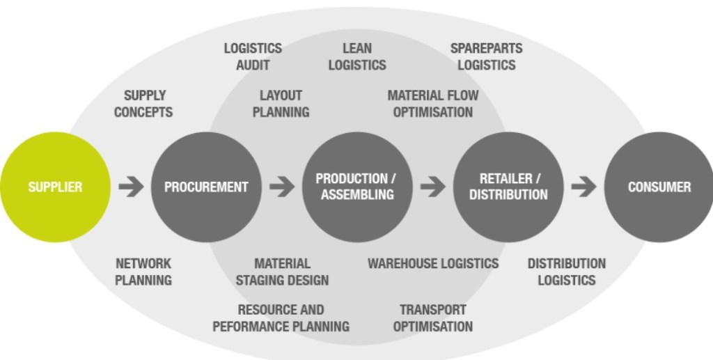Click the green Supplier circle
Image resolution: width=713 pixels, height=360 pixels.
pyautogui.click(x=54, y=187)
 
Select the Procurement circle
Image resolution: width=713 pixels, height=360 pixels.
pyautogui.click(x=206, y=187)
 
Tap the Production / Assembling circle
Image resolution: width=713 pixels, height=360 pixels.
pyautogui.click(x=357, y=187)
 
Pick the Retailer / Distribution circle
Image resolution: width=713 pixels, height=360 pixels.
pyautogui.click(x=508, y=187)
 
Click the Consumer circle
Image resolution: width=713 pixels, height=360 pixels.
pyautogui.click(x=659, y=187)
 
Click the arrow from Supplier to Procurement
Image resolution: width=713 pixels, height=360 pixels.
pyautogui.click(x=131, y=187)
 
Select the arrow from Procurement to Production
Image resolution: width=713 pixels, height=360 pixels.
pyautogui.click(x=282, y=187)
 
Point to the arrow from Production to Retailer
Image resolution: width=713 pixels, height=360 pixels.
pyautogui.click(x=433, y=187)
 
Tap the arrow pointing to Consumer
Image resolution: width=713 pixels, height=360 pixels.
pyautogui.click(x=583, y=187)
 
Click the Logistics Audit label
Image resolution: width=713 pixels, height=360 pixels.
pyautogui.click(x=253, y=56)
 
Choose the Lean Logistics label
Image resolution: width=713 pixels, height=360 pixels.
pyautogui.click(x=357, y=56)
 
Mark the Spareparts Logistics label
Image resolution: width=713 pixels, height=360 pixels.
pyautogui.click(x=486, y=56)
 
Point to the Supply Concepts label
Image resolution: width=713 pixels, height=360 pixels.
pyautogui.click(x=143, y=103)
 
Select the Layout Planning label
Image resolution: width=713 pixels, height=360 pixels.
pyautogui.click(x=281, y=103)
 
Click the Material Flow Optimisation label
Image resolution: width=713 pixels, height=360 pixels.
pyautogui.click(x=433, y=103)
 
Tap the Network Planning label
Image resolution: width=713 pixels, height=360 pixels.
pyautogui.click(x=143, y=272)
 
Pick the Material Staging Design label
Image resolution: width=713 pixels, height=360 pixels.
pyautogui.click(x=282, y=272)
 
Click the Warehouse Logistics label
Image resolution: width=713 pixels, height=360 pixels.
pyautogui.click(x=433, y=263)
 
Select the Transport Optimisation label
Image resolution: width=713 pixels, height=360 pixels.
pyautogui.click(x=433, y=318)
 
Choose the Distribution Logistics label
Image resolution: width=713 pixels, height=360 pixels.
pyautogui.click(x=566, y=272)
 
